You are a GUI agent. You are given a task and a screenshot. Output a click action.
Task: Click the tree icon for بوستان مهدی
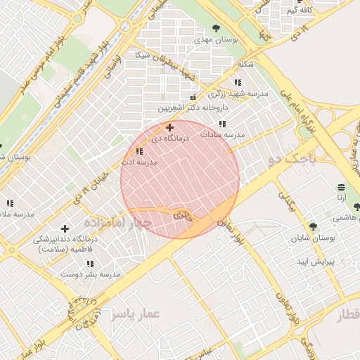point(216,28)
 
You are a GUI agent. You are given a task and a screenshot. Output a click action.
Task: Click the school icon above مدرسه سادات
point(222,124)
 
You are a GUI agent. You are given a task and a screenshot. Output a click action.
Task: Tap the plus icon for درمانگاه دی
point(169,127)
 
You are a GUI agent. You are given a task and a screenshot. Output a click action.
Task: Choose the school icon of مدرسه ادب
point(139,151)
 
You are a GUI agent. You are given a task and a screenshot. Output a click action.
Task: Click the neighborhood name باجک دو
point(289,160)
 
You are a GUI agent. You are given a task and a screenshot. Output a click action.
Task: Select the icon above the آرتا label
point(341,187)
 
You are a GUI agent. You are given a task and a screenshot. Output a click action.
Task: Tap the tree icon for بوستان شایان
point(313,226)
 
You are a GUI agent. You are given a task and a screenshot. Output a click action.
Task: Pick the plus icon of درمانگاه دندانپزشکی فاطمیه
point(65,229)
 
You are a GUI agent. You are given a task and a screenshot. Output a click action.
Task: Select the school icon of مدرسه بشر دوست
point(89,264)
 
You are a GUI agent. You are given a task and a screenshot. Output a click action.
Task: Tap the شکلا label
point(245,64)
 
